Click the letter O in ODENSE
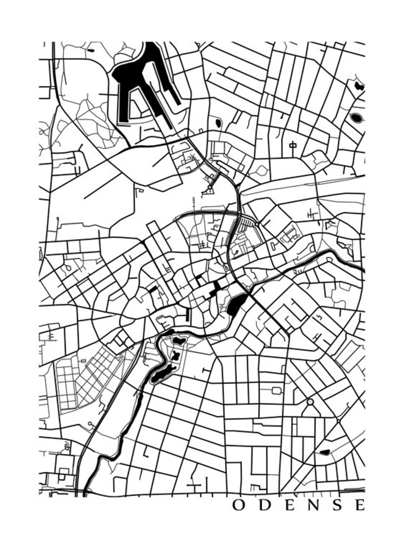point(239,505)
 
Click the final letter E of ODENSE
point(360,505)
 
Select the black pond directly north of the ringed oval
point(358,86)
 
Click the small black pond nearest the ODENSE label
point(325,452)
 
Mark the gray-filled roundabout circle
point(310,402)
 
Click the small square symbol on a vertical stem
point(292,145)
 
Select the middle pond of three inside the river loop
point(175,355)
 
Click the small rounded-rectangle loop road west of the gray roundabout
point(277,391)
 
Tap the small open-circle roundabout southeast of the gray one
point(339,420)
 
